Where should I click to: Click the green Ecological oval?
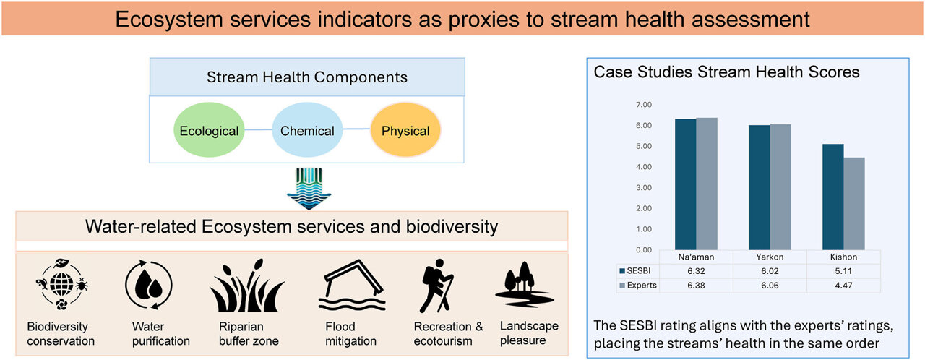tap(209, 131)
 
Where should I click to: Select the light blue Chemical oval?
tap(307, 131)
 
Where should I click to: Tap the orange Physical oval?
tap(405, 131)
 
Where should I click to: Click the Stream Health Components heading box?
tap(307, 77)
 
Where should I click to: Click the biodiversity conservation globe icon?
tap(61, 287)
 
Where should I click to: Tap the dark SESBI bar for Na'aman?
tap(686, 184)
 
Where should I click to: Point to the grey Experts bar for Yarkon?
tap(780, 187)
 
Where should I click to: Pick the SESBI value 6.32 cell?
tap(697, 270)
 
